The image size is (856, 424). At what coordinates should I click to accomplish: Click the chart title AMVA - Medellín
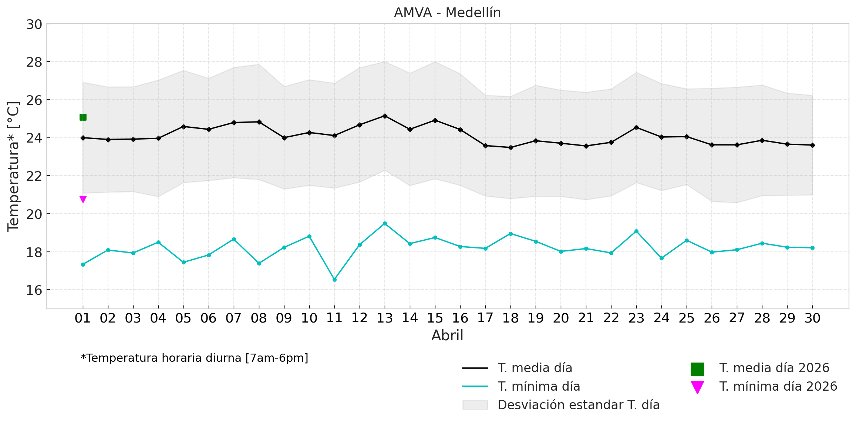point(447,13)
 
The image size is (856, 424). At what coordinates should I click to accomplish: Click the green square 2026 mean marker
point(83,117)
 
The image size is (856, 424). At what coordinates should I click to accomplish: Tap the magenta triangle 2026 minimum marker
point(83,199)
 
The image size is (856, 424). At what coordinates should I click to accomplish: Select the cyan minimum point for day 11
point(334,280)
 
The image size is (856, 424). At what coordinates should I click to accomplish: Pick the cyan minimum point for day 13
point(385,223)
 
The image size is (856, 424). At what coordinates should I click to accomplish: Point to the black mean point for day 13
point(385,116)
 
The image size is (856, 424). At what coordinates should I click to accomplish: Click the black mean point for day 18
point(510,147)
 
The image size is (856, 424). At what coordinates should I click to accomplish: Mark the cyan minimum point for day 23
point(636,231)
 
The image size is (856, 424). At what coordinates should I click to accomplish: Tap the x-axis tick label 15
point(435,318)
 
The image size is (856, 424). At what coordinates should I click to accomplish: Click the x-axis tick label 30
point(812,318)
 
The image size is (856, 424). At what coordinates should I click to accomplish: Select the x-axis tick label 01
point(83,318)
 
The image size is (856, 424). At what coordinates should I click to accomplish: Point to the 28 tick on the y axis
point(34,62)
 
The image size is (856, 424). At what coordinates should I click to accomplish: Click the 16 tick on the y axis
point(34,290)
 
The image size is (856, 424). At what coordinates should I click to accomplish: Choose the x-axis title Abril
point(447,335)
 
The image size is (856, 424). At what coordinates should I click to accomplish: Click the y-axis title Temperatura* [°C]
point(13,166)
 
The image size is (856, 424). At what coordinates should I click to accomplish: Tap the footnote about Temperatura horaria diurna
point(194,358)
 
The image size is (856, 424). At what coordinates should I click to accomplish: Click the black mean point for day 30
point(812,145)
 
